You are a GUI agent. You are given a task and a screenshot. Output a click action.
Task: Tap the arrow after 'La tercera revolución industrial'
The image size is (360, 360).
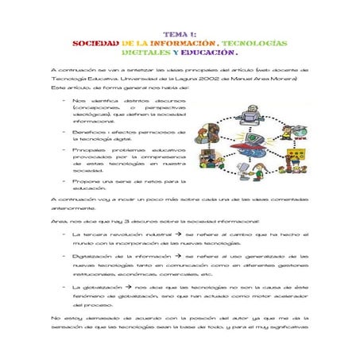[x=179, y=235]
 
